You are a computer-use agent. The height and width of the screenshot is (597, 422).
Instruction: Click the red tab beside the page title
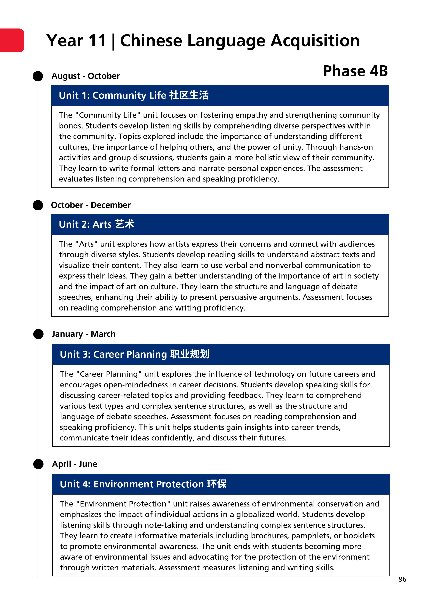click(12, 40)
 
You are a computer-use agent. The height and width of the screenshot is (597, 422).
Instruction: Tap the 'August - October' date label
click(86, 76)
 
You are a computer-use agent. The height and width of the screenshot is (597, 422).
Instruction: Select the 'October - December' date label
click(91, 205)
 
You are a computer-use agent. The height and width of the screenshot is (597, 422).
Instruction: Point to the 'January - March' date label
click(84, 334)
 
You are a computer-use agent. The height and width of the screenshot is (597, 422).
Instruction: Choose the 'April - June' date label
click(75, 464)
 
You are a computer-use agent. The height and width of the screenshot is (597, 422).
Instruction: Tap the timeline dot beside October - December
click(38, 205)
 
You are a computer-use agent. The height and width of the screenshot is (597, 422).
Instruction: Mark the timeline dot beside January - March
click(38, 334)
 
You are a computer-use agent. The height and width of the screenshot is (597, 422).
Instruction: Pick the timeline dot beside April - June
click(38, 464)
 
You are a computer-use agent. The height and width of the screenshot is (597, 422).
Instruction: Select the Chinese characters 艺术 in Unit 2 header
click(125, 224)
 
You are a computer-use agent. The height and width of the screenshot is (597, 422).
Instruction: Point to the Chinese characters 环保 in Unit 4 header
click(217, 484)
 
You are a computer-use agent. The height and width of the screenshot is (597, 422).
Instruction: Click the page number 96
click(402, 579)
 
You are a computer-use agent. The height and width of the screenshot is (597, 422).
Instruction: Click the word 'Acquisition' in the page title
click(315, 41)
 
